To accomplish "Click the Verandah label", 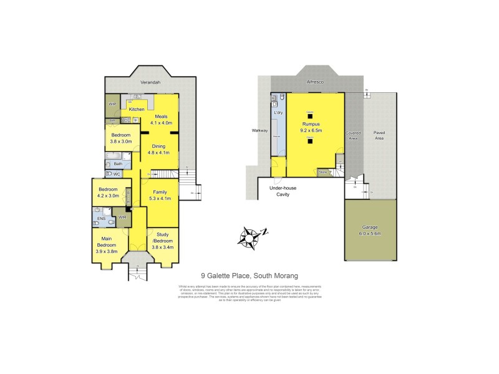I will coord(151,82).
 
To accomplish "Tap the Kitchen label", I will coord(137,109).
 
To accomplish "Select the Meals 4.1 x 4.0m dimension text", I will coord(162,123).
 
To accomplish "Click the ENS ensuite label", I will coord(100,219).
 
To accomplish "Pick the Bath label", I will coord(117,164).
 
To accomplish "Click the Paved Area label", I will coord(379,136).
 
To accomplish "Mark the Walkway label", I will coord(259,131).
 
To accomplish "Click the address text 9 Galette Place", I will coord(249,275).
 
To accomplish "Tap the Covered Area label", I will coord(354,136).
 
